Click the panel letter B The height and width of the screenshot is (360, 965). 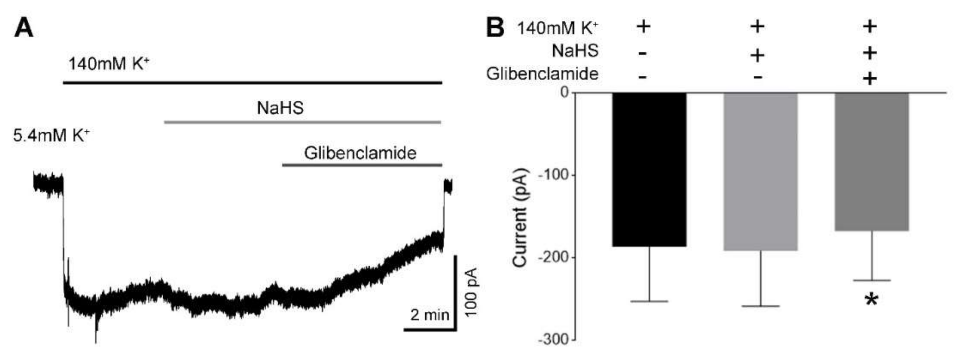pos(495,27)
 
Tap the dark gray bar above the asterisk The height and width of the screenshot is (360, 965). pos(872,161)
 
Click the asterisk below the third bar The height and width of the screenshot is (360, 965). pos(871,301)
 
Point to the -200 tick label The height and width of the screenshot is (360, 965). pos(553,257)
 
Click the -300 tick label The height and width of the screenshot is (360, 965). pos(553,340)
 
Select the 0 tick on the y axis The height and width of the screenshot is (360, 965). pos(564,92)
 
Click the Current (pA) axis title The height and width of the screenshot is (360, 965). pos(520,217)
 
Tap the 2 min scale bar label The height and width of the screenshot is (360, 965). pos(429,315)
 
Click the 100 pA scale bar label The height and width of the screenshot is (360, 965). pos(472,292)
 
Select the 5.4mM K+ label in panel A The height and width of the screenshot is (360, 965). pos(51,136)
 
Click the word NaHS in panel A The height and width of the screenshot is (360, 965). pos(280,108)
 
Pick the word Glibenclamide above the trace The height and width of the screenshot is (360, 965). pos(360,153)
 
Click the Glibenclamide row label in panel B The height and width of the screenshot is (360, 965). pos(542,74)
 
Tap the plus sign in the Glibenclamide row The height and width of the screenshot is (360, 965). pos(870,79)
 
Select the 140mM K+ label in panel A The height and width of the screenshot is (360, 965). pos(109,64)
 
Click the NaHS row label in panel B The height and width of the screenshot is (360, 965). pos(575,50)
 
